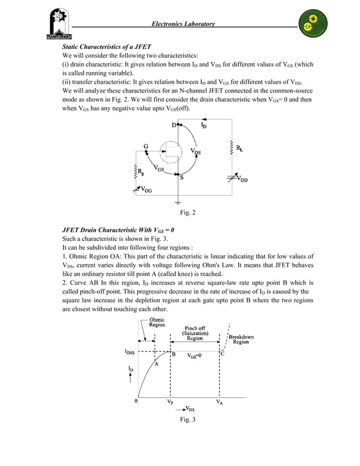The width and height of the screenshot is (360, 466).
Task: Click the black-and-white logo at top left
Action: tap(56, 25)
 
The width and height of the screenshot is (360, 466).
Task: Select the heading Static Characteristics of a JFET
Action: tap(107, 46)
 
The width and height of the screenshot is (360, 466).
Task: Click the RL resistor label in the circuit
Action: tap(240, 148)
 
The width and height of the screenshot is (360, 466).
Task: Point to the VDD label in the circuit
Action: tap(241, 179)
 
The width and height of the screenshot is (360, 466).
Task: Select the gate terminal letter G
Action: tap(147, 146)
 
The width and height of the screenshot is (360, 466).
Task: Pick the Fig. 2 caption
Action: tap(187, 213)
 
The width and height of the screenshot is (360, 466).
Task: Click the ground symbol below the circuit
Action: tap(178, 202)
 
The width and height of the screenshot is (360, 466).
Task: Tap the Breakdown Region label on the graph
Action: tap(241, 339)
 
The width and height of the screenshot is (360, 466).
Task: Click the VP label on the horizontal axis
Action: tap(170, 403)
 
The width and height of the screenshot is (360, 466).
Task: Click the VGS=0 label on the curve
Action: tap(195, 356)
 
